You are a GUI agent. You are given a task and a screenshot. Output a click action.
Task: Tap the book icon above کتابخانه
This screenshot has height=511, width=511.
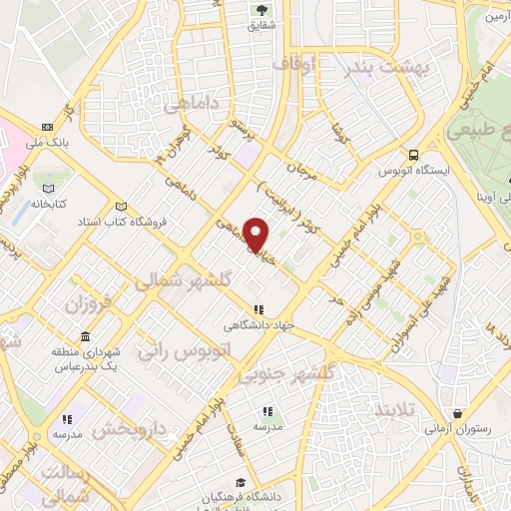click(x=46, y=186)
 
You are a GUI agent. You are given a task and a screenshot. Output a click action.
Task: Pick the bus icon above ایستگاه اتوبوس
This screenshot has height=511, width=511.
click(x=413, y=155)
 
